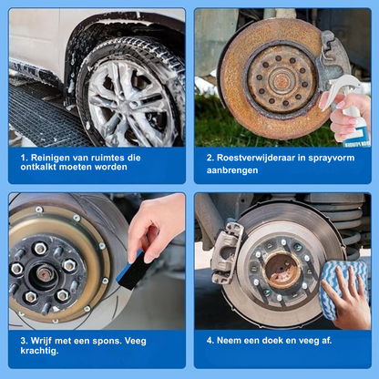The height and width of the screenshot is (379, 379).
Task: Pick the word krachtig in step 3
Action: tap(39, 351)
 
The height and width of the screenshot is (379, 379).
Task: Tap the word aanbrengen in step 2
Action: tap(232, 170)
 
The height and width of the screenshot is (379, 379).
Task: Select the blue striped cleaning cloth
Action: tap(343, 289)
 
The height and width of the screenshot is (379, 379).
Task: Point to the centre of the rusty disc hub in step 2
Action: tap(281, 79)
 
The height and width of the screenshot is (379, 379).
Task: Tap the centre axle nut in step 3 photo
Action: tap(46, 273)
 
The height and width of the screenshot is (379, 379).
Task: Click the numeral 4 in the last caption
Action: tap(210, 341)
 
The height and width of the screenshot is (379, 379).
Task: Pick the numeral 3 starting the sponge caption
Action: tap(24, 341)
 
